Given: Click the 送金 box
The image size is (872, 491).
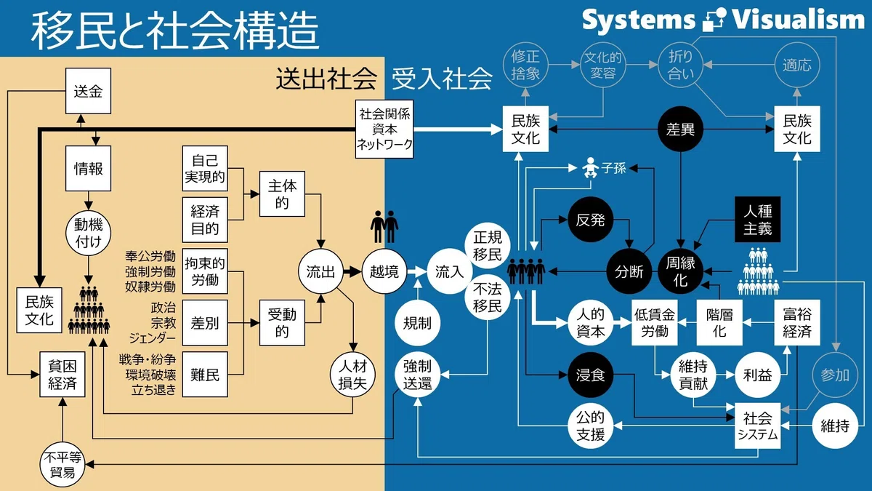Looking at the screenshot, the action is coord(88,91).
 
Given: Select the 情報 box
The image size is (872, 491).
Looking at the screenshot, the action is coord(88,168).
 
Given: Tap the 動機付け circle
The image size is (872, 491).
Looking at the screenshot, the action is coord(89,233).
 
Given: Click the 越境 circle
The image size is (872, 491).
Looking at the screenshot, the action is coord(384,271).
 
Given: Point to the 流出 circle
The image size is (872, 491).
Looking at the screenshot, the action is coord(320,271).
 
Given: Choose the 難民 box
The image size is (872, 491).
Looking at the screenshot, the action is coord(205,375).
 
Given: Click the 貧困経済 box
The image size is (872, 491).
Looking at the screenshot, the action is coord(62,375).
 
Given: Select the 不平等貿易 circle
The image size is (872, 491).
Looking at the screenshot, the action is coord(62,465).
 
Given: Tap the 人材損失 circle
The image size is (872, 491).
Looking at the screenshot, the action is coord(352,375).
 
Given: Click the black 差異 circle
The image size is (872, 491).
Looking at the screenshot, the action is coord(680,129).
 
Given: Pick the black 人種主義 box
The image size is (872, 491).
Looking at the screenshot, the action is coord(757,220).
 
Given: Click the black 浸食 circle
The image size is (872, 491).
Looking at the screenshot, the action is coord(590,375).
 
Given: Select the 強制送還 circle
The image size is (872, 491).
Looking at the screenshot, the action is coord(417,375).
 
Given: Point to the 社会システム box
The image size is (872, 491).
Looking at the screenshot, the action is coord(757,426).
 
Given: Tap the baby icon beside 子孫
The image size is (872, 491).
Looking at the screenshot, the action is coord(591,167).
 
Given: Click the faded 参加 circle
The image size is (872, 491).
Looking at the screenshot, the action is coord(835,375).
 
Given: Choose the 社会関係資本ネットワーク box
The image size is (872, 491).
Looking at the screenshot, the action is coord(384,129).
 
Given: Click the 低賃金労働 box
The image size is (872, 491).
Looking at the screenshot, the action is coord(655,323).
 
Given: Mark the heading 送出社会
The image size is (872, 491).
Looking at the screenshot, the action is coord(326,79).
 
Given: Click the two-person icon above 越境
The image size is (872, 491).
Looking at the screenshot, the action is coord(384,227).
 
